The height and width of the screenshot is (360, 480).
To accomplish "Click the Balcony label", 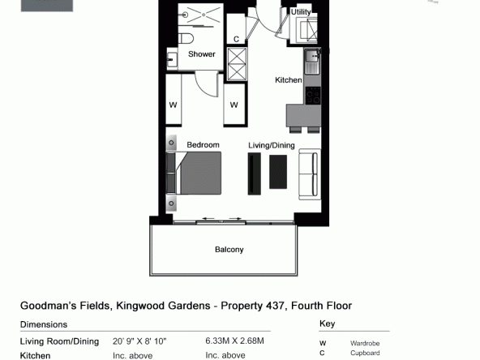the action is click(229, 250).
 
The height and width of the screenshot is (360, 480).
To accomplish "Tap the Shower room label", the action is click(202, 54).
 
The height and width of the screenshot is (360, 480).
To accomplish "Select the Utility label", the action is click(301, 12).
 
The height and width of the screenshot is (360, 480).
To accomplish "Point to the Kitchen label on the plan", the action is click(289, 80).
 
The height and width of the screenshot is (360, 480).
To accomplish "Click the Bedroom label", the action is click(203, 145).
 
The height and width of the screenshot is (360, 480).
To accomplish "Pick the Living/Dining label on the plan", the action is click(272, 145).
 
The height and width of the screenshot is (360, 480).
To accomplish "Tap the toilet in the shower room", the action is click(186, 39).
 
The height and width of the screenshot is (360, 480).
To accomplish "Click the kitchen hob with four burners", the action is click(313, 96).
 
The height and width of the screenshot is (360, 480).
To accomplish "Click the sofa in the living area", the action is click(310, 174).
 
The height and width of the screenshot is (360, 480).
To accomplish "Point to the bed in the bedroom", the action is click(194, 173).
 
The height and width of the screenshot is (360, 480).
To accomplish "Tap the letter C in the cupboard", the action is click(236, 39).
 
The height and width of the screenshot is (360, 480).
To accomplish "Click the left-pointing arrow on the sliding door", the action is click(208, 218).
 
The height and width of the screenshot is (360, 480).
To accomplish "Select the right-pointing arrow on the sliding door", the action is click(235, 218).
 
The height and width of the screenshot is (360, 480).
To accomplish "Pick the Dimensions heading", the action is click(44, 324).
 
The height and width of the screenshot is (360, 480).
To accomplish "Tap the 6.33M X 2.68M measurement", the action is click(234, 341).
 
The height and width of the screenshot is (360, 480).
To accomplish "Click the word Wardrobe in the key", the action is click(365, 344).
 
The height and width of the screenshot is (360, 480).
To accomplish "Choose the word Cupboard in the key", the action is click(365, 353).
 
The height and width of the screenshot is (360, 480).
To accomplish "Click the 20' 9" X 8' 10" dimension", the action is click(139, 341).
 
